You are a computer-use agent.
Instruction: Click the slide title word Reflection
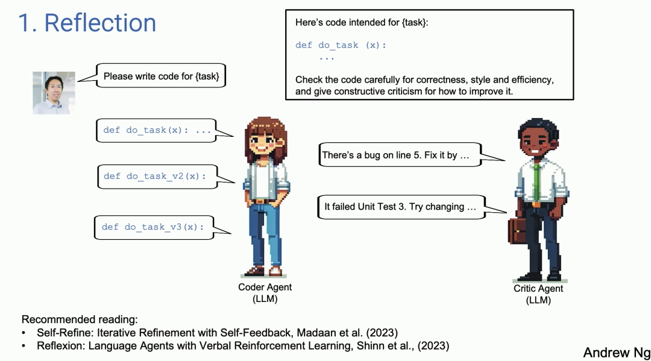coord(100,23)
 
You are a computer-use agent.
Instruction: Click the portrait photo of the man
coord(54,93)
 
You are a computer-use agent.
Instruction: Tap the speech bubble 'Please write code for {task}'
coord(161,75)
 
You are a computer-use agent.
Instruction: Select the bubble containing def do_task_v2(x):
coord(157,177)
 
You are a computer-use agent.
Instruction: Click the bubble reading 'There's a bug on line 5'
coord(400,155)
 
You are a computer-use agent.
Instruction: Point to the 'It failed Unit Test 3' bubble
coord(401,207)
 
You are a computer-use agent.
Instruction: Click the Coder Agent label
coord(265,292)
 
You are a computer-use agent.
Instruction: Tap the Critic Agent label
coord(538,294)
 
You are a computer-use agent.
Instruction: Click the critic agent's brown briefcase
coord(517,230)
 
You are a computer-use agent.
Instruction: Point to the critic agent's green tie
coord(537,183)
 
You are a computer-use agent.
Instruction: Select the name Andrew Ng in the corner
coord(617,353)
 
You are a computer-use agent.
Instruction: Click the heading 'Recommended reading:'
coord(80,319)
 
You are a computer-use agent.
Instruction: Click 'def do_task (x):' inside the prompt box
coord(341,45)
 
